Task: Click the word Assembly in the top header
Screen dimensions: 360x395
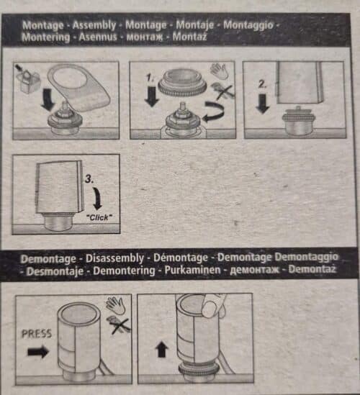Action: pyautogui.click(x=94, y=25)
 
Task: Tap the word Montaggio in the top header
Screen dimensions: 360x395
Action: pyautogui.click(x=248, y=25)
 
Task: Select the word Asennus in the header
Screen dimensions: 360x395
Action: pyautogui.click(x=98, y=37)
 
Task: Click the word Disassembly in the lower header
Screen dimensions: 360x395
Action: pyautogui.click(x=114, y=258)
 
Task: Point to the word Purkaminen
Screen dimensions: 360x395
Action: pyautogui.click(x=193, y=270)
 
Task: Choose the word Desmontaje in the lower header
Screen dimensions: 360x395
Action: pyautogui.click(x=55, y=271)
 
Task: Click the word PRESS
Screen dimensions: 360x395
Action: pyautogui.click(x=37, y=334)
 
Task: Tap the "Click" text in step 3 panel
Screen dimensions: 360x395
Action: pyautogui.click(x=99, y=217)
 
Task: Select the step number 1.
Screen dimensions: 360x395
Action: pyautogui.click(x=150, y=78)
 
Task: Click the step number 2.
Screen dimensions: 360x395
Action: pyautogui.click(x=262, y=84)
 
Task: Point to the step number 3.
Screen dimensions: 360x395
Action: pyautogui.click(x=89, y=179)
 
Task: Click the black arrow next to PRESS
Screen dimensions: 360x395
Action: pyautogui.click(x=38, y=351)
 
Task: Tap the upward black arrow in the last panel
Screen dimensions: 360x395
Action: pyautogui.click(x=161, y=349)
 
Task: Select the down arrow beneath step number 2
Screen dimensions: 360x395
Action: pyautogui.click(x=262, y=104)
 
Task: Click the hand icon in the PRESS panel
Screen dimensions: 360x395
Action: pyautogui.click(x=115, y=305)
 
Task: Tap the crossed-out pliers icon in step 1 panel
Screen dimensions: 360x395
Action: pyautogui.click(x=222, y=91)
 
